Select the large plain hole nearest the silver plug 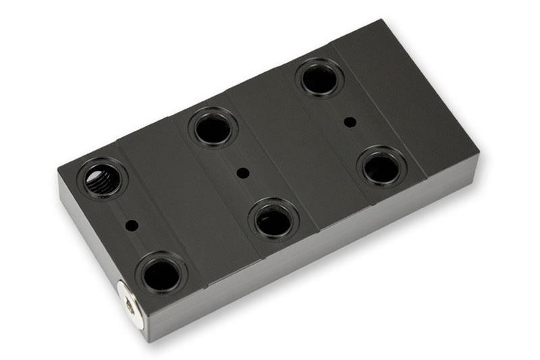161,274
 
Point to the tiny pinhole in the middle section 244,173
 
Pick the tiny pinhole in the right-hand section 350,122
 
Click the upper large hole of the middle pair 213,128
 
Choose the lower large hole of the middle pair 273,219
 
